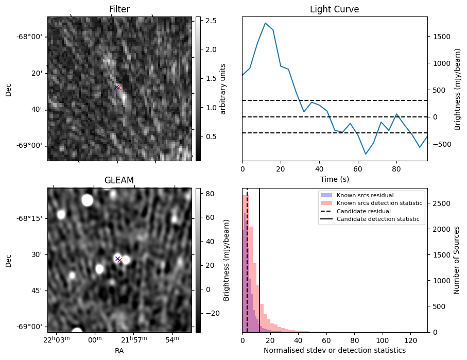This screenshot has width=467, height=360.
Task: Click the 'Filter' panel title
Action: pos(119,9)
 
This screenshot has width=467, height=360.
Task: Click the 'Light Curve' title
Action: pos(334,9)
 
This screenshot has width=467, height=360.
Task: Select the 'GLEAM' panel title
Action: pos(119,180)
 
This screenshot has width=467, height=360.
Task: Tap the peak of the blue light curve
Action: pos(265,23)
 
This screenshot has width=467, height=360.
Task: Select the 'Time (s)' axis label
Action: pos(334,178)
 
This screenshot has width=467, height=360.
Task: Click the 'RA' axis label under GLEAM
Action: pos(119,351)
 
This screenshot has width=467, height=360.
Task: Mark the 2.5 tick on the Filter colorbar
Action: pos(211,21)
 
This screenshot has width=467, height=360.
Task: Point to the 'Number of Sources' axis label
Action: pos(456,260)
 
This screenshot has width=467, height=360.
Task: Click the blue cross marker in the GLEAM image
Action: pos(117,259)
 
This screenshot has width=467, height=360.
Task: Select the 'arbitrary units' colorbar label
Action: pos(223,89)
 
